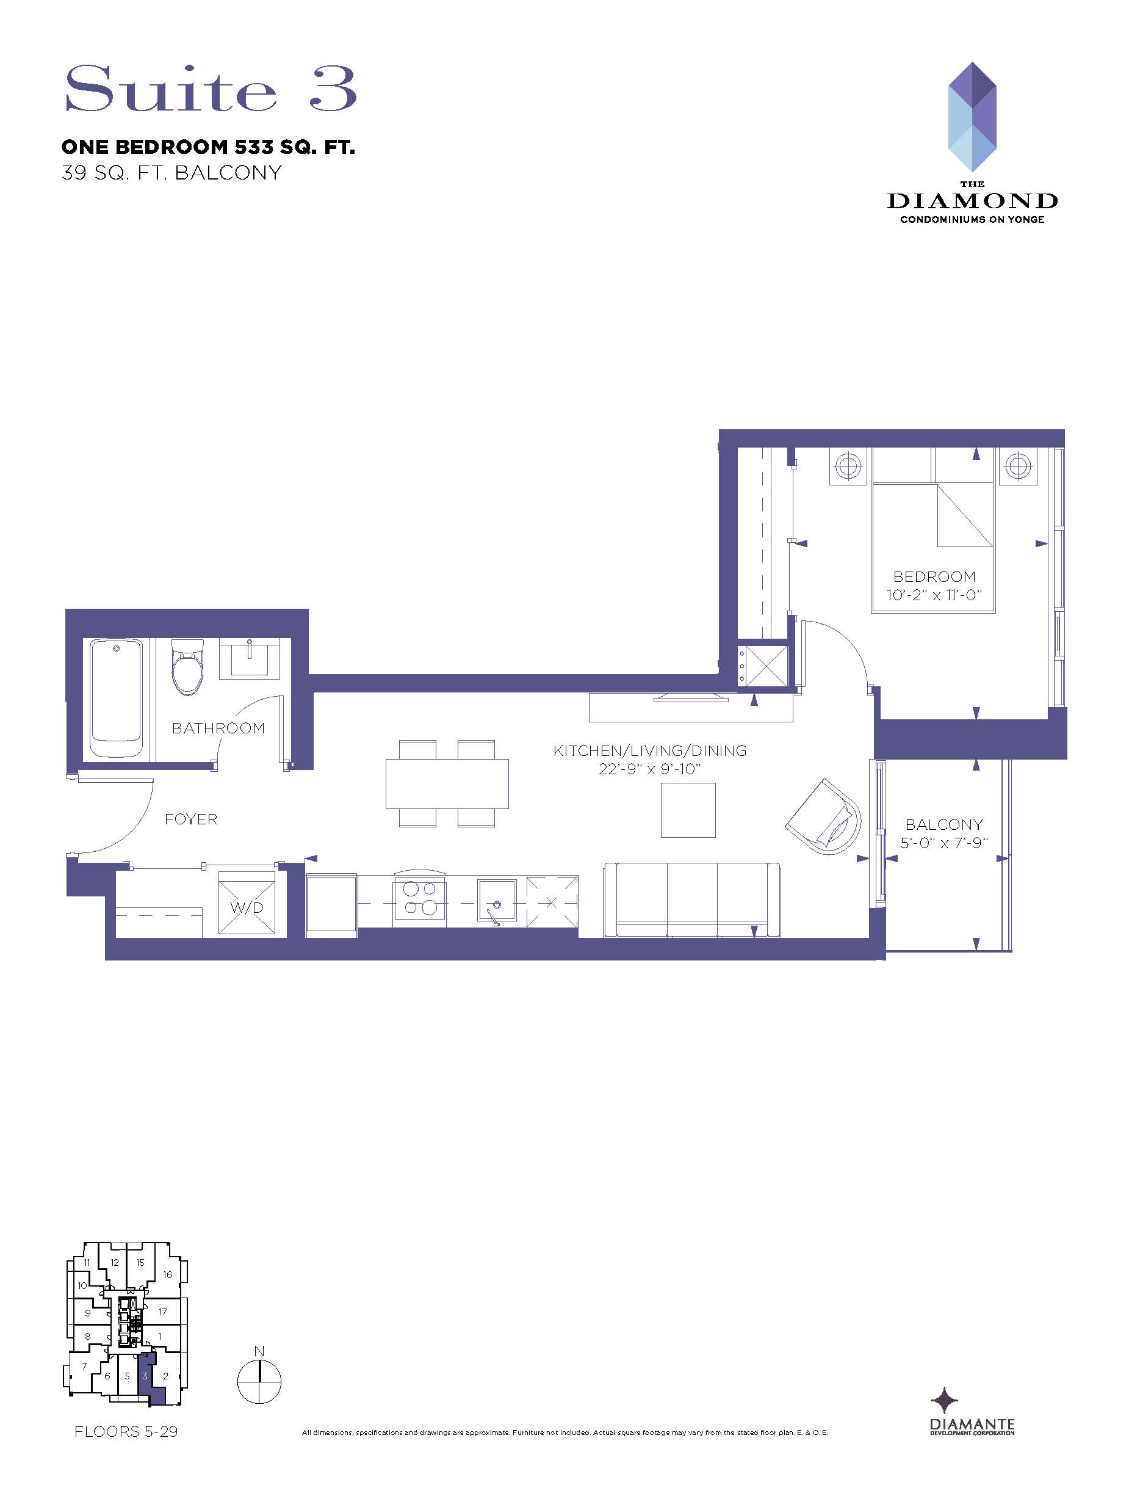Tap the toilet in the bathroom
point(187,667)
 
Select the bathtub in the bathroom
point(117,699)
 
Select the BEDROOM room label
point(934,577)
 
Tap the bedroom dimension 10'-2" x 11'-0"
point(934,595)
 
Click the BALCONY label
point(943,824)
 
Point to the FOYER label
point(192,819)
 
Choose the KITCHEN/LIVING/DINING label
point(650,750)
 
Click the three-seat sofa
point(692,899)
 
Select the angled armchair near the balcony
point(824,817)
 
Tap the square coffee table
point(688,810)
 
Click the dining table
point(447,783)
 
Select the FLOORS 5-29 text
point(126,1431)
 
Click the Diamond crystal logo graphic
point(972,117)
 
